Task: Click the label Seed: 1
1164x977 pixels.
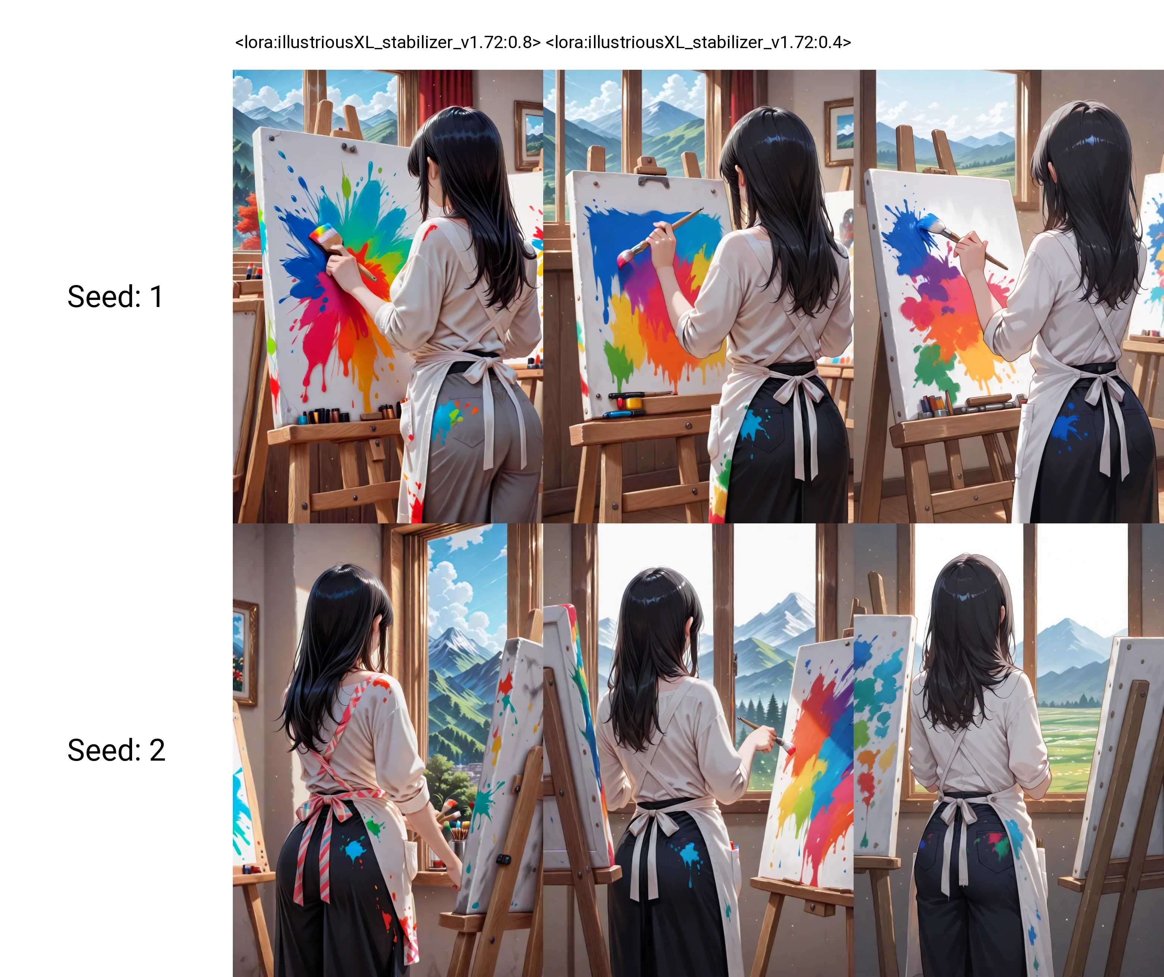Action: pyautogui.click(x=115, y=297)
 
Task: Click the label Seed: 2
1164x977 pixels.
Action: pyautogui.click(x=116, y=750)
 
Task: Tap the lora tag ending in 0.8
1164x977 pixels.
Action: pyautogui.click(x=388, y=42)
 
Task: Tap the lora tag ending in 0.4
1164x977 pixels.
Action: pyautogui.click(x=698, y=42)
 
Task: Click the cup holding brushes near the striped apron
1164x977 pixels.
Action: pyautogui.click(x=458, y=848)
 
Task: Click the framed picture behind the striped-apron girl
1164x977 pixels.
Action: pyautogui.click(x=245, y=652)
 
